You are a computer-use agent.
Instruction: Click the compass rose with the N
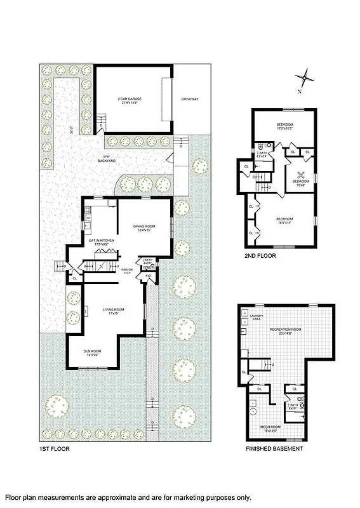coord(305,77)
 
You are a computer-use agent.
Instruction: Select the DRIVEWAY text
coord(190,100)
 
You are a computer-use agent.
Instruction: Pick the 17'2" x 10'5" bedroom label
coord(284,125)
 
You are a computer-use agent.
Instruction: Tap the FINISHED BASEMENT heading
coord(274,449)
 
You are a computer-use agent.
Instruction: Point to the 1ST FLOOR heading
coord(54,449)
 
